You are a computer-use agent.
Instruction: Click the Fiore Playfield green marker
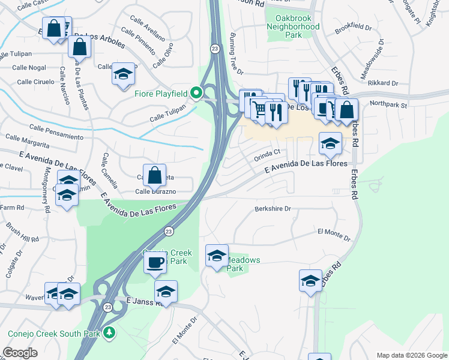pyautogui.click(x=196, y=93)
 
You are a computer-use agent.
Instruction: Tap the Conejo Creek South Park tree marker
pyautogui.click(x=109, y=332)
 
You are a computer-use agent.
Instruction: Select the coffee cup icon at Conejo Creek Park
pyautogui.click(x=155, y=262)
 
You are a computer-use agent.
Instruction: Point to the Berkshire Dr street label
pyautogui.click(x=273, y=209)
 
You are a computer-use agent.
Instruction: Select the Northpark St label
pyautogui.click(x=388, y=104)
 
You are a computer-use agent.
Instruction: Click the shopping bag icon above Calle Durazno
pyautogui.click(x=155, y=176)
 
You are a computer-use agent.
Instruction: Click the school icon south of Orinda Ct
pyautogui.click(x=330, y=143)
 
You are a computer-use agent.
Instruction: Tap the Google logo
pyautogui.click(x=20, y=353)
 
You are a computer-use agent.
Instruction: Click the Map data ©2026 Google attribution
pyautogui.click(x=412, y=355)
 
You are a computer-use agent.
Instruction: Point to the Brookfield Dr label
pyautogui.click(x=353, y=28)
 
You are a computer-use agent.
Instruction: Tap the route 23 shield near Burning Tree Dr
pyautogui.click(x=214, y=47)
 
